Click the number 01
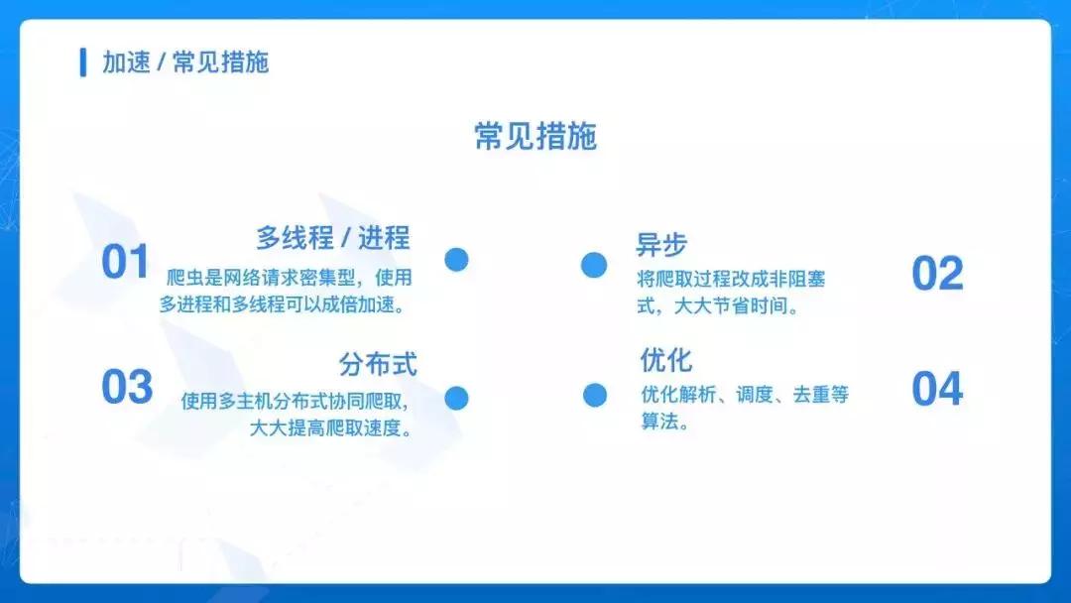point(125,263)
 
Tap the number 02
point(937,275)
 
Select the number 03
point(127,388)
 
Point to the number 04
point(937,390)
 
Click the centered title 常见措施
point(535,136)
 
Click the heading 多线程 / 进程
point(332,238)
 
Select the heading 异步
point(661,244)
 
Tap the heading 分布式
point(378,364)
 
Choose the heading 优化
point(666,360)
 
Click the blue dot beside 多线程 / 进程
point(456,260)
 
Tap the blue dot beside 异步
point(594,265)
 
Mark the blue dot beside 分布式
point(456,399)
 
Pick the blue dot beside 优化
point(594,395)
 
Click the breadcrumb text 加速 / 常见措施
point(185,62)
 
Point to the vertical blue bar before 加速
point(83,61)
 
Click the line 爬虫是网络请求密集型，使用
point(289,278)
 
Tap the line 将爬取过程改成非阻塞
point(731,280)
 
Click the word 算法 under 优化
point(659,421)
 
